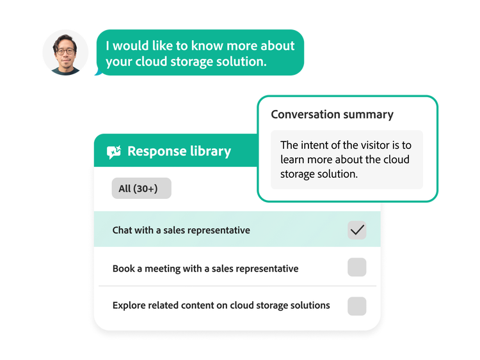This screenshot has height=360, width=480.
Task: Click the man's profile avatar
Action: click(x=65, y=52)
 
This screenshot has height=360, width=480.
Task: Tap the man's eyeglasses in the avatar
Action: click(x=65, y=51)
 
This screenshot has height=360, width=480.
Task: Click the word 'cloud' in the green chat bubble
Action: click(x=151, y=61)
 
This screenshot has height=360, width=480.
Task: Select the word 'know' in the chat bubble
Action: click(x=207, y=45)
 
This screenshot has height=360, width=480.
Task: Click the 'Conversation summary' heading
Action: click(x=332, y=114)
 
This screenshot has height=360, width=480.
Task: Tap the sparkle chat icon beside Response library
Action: click(x=114, y=152)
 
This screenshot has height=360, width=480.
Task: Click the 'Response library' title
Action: click(x=179, y=151)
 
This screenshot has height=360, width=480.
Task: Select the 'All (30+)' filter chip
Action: click(x=141, y=189)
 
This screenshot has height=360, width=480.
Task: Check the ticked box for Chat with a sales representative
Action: click(x=357, y=230)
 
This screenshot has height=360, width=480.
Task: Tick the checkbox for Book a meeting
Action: click(x=357, y=267)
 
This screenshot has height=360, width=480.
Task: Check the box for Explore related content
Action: click(x=357, y=306)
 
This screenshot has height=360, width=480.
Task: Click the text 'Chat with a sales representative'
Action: click(x=181, y=230)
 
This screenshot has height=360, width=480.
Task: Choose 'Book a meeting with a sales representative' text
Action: click(x=205, y=269)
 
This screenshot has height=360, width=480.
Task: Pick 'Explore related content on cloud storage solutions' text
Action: click(x=221, y=305)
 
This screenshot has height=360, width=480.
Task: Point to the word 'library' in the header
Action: click(x=211, y=152)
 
